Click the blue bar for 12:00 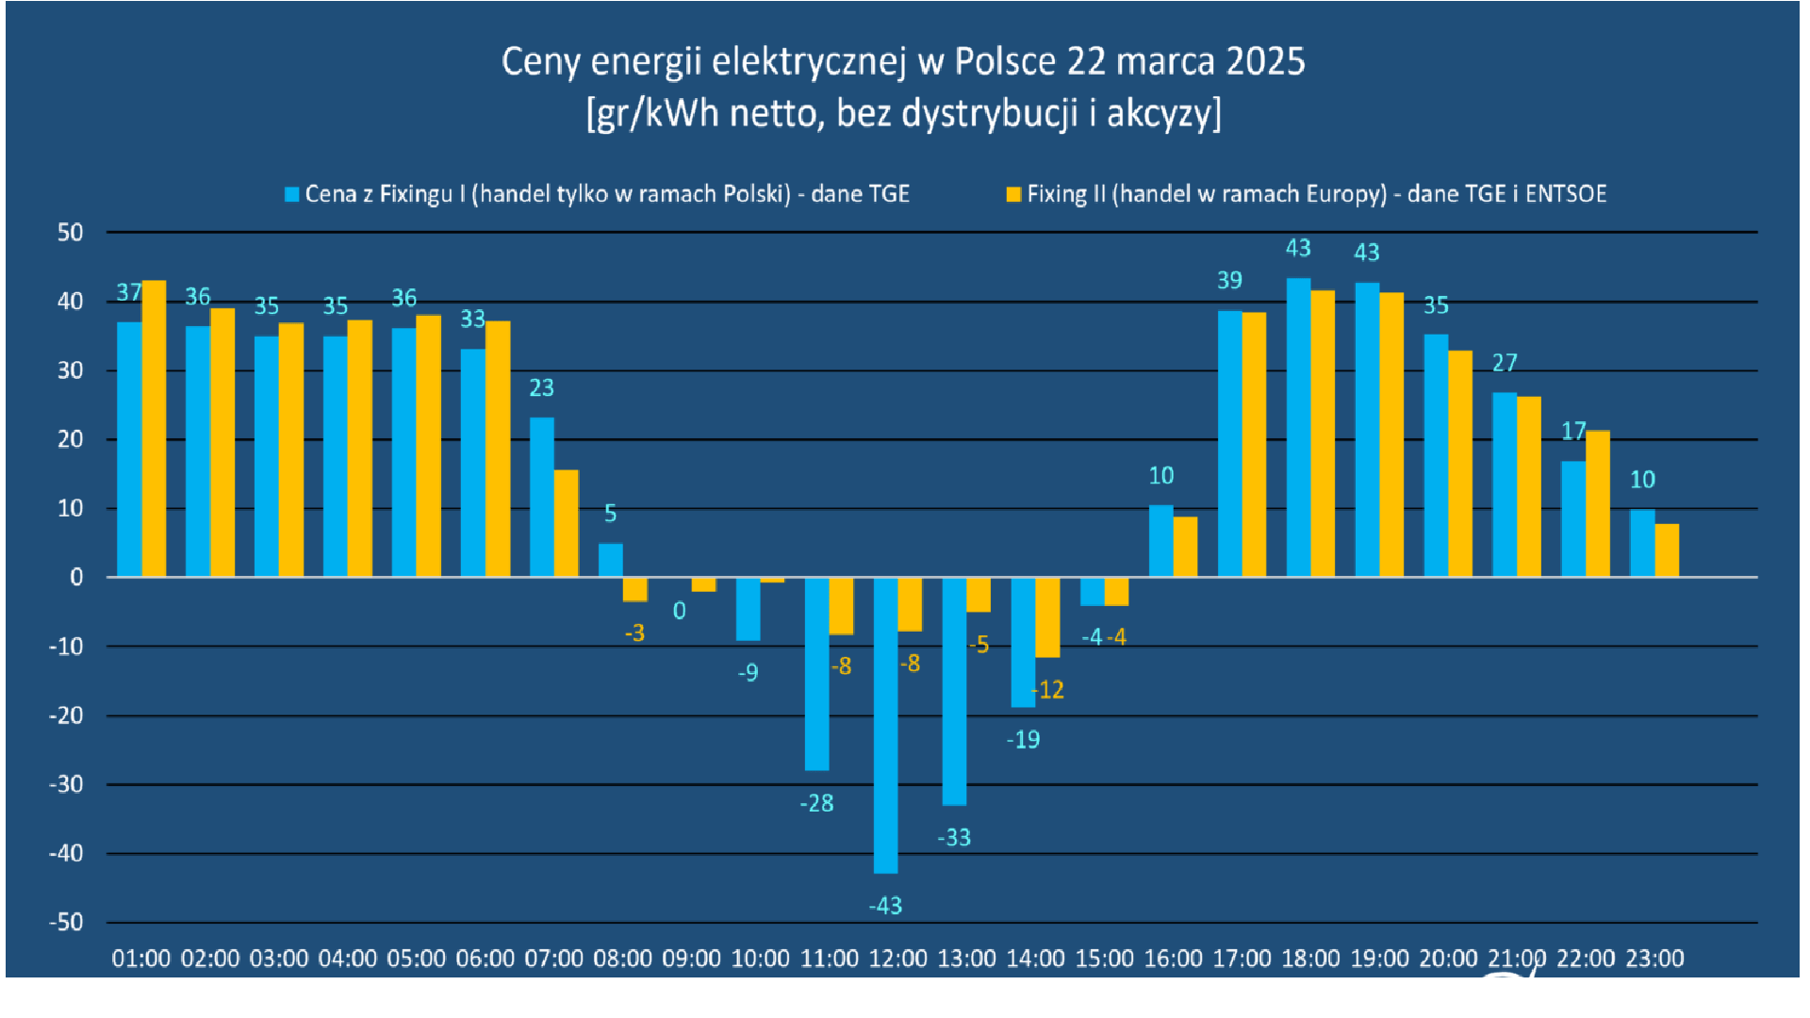pyautogui.click(x=885, y=725)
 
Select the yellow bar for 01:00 pyautogui.click(x=154, y=429)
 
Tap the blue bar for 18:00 pyautogui.click(x=1298, y=427)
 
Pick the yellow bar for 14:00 pyautogui.click(x=1047, y=617)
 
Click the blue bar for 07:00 pyautogui.click(x=541, y=497)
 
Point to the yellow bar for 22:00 pyautogui.click(x=1598, y=503)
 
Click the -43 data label pyautogui.click(x=885, y=906)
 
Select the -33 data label pyautogui.click(x=954, y=837)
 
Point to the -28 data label pyautogui.click(x=816, y=803)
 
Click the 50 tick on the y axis pyautogui.click(x=71, y=232)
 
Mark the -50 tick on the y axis pyautogui.click(x=67, y=922)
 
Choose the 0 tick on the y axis pyautogui.click(x=76, y=577)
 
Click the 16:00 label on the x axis pyautogui.click(x=1173, y=959)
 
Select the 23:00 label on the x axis pyautogui.click(x=1654, y=959)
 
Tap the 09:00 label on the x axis pyautogui.click(x=691, y=959)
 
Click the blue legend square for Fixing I pyautogui.click(x=292, y=194)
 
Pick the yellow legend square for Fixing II pyautogui.click(x=1013, y=194)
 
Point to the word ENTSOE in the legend pyautogui.click(x=1566, y=194)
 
